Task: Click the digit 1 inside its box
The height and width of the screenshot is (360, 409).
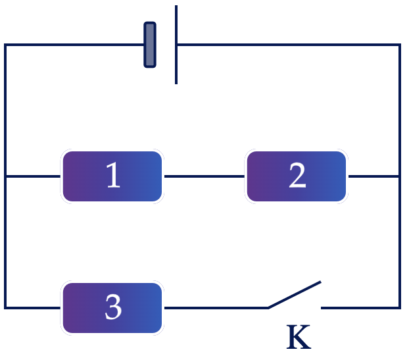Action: pyautogui.click(x=113, y=174)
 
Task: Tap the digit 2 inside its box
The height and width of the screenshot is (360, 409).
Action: pyautogui.click(x=297, y=175)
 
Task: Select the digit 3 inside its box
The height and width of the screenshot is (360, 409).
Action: pyautogui.click(x=113, y=307)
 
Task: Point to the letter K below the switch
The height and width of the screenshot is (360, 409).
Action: pyautogui.click(x=299, y=337)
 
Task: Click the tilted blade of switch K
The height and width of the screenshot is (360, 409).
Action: pyautogui.click(x=295, y=295)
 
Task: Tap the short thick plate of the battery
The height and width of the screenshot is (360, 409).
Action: pyautogui.click(x=150, y=45)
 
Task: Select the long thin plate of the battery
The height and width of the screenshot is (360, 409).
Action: pyautogui.click(x=176, y=45)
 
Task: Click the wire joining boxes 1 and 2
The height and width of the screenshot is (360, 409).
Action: pyautogui.click(x=204, y=176)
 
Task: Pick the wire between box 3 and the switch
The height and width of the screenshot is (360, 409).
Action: pyautogui.click(x=216, y=308)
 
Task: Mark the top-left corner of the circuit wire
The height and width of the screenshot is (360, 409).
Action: pyautogui.click(x=5, y=45)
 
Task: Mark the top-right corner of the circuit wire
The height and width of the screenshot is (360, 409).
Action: pyautogui.click(x=399, y=45)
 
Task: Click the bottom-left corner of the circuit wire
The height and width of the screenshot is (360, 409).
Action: pyautogui.click(x=5, y=308)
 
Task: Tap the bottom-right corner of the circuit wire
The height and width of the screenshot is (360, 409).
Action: pyautogui.click(x=399, y=308)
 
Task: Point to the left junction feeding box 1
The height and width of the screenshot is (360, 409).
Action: pyautogui.click(x=5, y=176)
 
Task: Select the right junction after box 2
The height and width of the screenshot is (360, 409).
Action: pyautogui.click(x=399, y=176)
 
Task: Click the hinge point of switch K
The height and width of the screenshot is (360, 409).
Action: pyautogui.click(x=269, y=308)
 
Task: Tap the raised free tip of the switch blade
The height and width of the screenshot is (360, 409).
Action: pyautogui.click(x=320, y=282)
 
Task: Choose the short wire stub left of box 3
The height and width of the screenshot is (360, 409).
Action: pyautogui.click(x=33, y=308)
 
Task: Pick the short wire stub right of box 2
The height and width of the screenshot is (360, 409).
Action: pyautogui.click(x=373, y=176)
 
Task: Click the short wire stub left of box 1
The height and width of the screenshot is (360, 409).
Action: pyautogui.click(x=33, y=176)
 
